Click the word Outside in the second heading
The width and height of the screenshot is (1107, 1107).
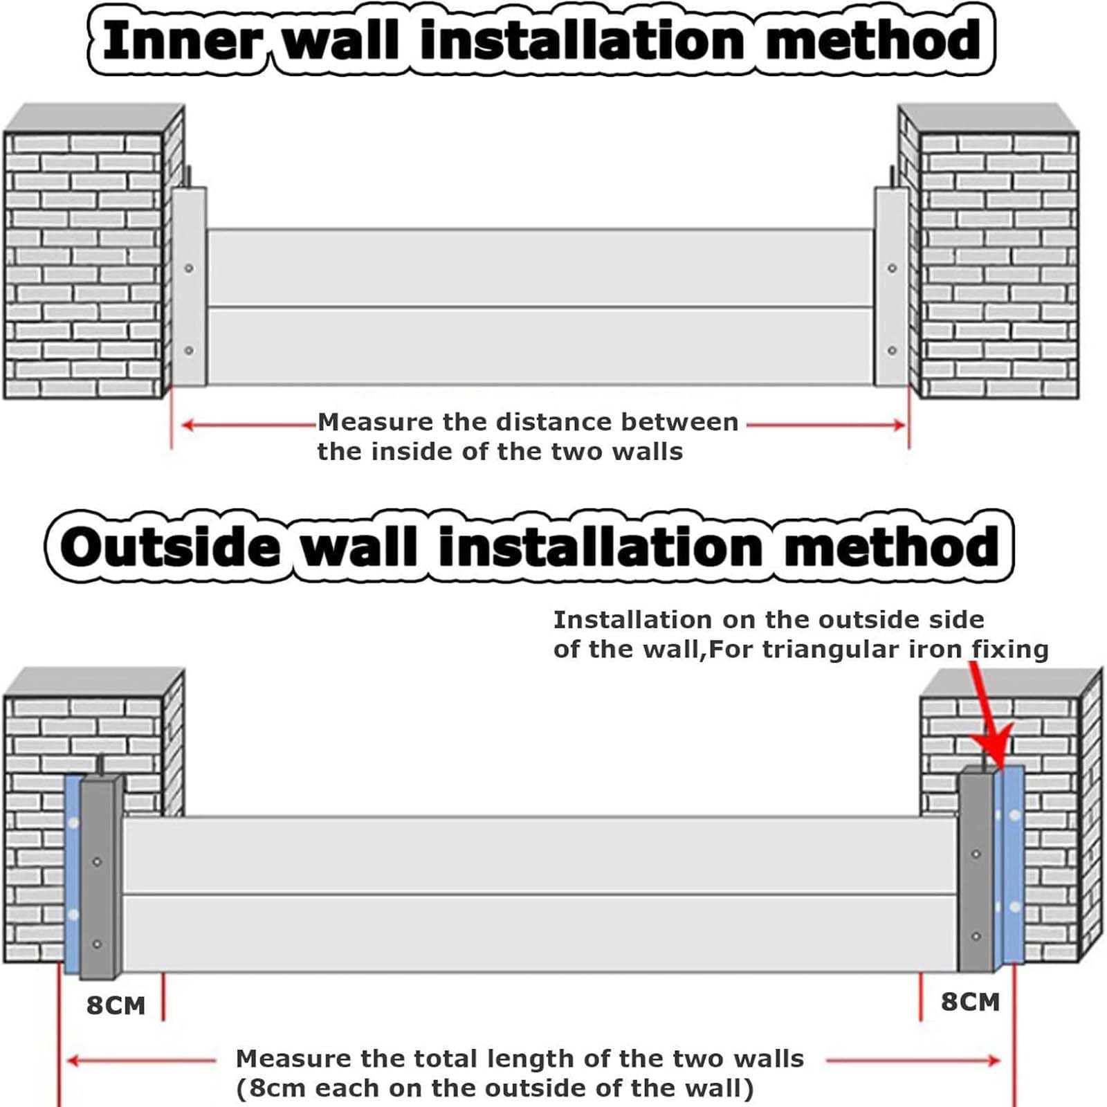point(170,547)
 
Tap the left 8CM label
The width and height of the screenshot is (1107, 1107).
point(116,1005)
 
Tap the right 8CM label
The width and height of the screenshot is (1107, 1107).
point(970,1001)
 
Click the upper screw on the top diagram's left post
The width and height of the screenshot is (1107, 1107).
point(189,268)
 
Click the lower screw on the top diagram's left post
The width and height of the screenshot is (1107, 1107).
point(189,351)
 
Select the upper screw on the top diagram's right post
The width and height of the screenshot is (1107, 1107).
point(892,268)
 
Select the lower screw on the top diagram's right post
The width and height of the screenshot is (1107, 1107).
point(892,351)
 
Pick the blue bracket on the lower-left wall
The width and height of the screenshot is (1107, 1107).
point(73,874)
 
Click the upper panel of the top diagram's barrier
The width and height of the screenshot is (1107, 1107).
point(540,267)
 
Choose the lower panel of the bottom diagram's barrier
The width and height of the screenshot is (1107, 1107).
point(540,933)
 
